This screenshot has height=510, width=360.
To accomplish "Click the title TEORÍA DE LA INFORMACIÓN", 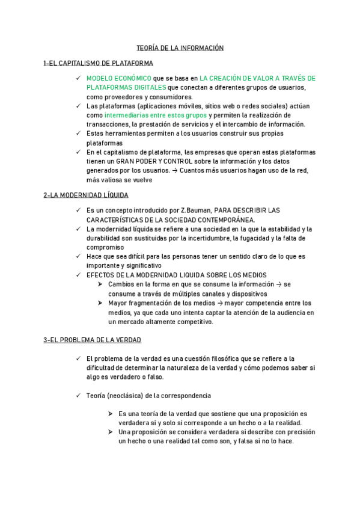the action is click(x=180, y=48).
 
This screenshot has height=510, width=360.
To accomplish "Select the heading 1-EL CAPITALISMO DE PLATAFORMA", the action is click(x=98, y=63).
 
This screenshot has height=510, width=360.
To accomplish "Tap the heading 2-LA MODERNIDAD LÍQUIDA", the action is click(x=85, y=195).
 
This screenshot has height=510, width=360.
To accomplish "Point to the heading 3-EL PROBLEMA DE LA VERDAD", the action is click(x=92, y=340).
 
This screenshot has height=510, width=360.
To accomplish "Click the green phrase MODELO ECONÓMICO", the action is click(x=119, y=78).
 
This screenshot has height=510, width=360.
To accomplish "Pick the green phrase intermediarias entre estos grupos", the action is click(x=156, y=115).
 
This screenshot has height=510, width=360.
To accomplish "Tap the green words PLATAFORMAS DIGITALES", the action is click(x=126, y=87).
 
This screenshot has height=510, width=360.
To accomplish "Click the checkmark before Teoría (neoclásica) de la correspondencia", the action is click(x=79, y=396).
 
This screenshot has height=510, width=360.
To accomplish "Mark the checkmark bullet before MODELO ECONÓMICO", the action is click(x=79, y=78).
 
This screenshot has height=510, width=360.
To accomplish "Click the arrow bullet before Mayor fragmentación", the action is click(x=101, y=303).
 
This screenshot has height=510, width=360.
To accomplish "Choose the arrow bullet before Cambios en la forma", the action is click(x=101, y=284).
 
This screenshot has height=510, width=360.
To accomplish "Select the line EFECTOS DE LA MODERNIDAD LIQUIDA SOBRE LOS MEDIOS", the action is click(x=177, y=275).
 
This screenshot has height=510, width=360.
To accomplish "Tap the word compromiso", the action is click(x=105, y=247).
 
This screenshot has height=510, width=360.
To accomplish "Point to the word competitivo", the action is click(x=194, y=322).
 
